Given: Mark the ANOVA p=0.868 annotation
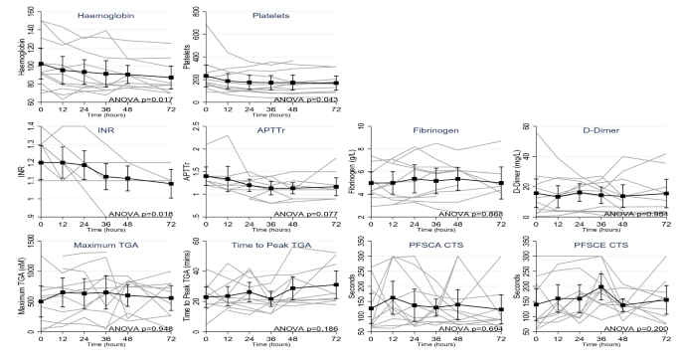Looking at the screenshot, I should (473, 213).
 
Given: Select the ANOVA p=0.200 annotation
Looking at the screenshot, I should (640, 327).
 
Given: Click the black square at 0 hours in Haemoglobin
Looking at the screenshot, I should (40, 65).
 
